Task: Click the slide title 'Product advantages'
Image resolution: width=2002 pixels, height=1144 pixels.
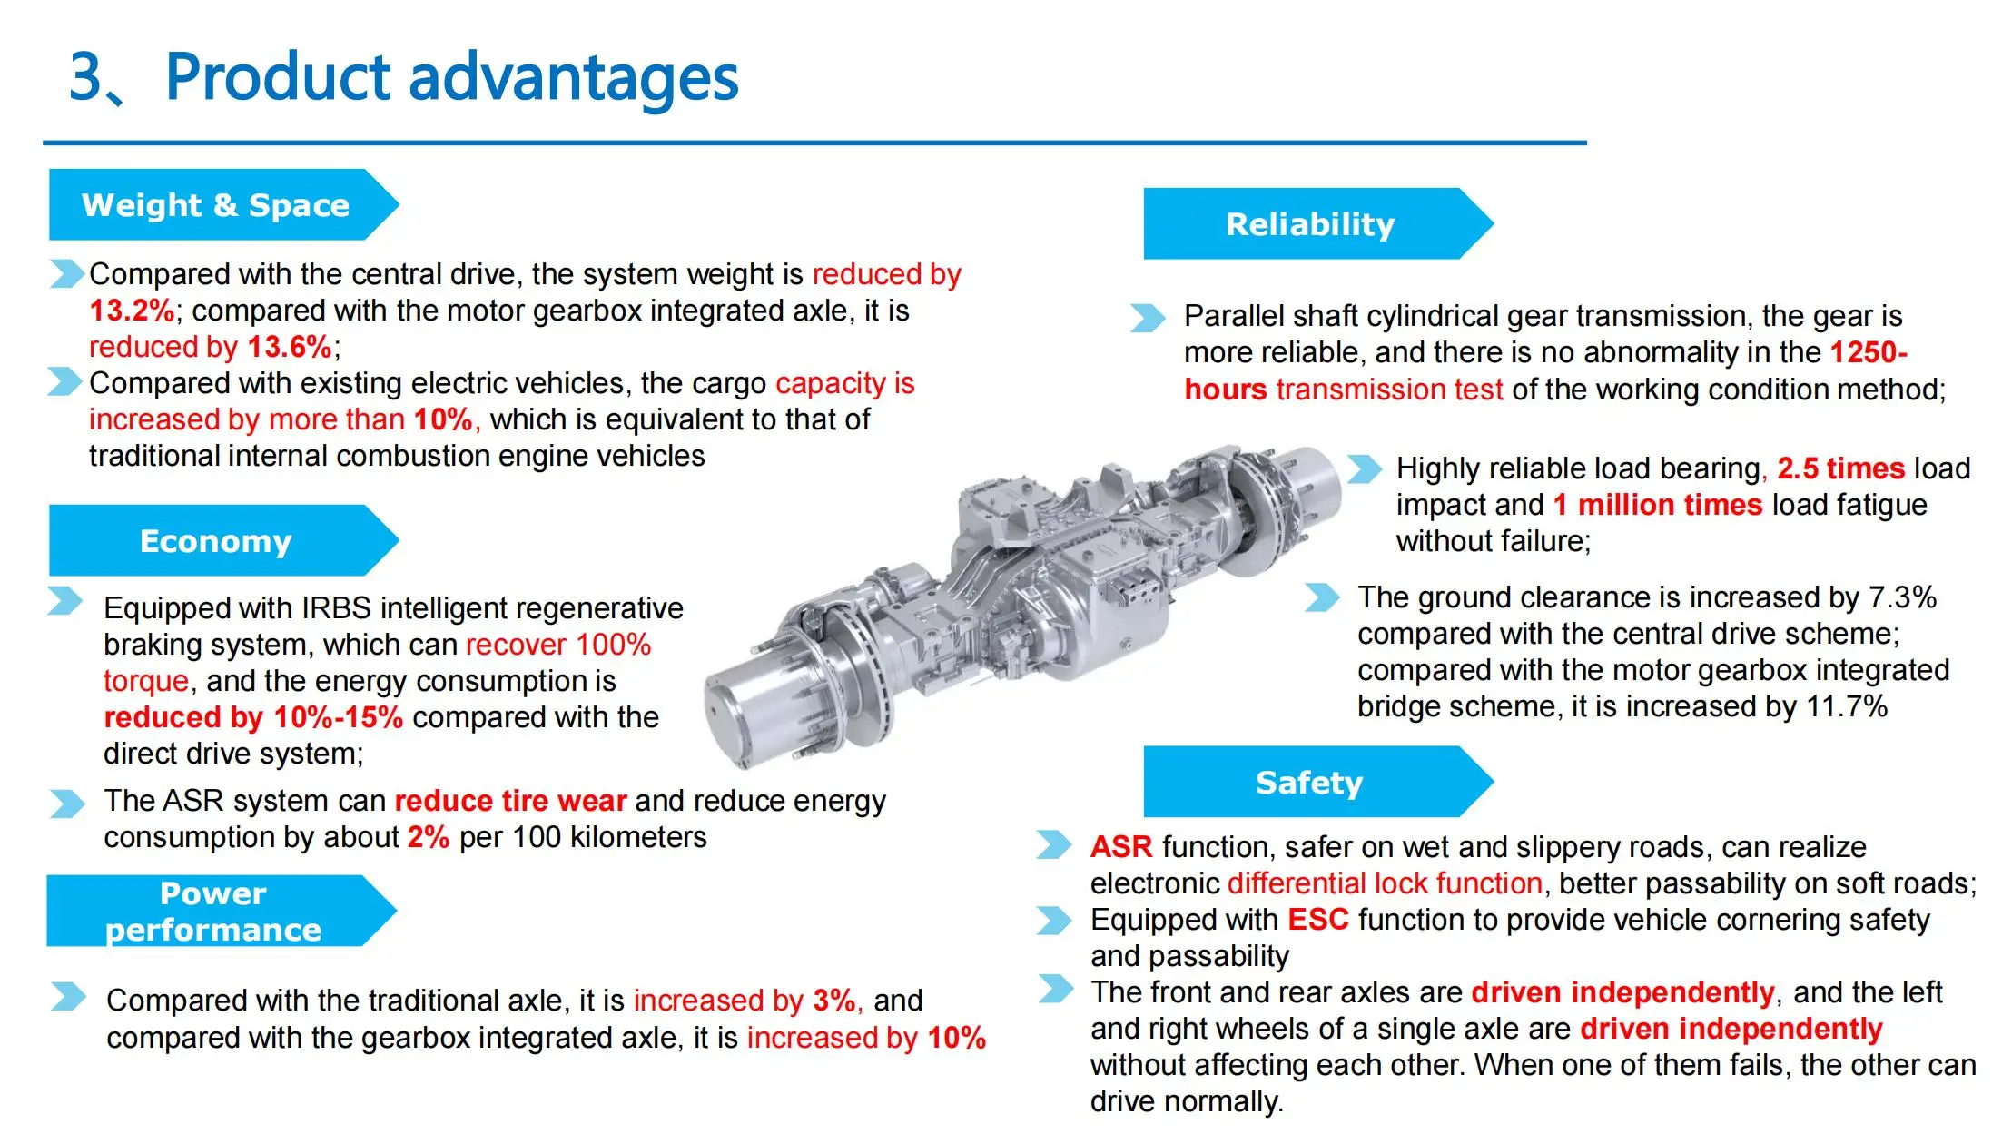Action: (451, 77)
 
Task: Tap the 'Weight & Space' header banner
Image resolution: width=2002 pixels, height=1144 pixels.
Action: (216, 205)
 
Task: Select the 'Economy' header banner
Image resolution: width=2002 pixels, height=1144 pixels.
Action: (216, 541)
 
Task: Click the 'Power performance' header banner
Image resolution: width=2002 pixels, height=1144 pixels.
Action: (214, 912)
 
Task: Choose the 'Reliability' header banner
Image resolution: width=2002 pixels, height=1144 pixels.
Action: (1309, 224)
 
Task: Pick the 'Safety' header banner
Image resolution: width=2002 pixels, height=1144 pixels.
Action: (1309, 783)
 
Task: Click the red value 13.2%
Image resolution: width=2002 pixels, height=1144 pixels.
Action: (132, 311)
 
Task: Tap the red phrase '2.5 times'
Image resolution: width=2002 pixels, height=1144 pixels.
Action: (1840, 468)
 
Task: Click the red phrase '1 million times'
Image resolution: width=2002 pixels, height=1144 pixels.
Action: (1657, 505)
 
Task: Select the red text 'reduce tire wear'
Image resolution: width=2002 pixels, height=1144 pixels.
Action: (510, 801)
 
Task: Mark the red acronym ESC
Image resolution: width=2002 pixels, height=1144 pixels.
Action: (1318, 920)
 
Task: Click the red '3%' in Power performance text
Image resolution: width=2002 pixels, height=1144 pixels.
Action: (833, 1001)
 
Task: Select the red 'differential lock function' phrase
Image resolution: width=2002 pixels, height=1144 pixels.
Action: (1385, 883)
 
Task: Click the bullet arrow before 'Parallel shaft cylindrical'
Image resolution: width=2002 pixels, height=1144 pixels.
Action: (1148, 318)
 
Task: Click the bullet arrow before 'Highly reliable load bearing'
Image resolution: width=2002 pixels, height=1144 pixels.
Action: (1364, 469)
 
